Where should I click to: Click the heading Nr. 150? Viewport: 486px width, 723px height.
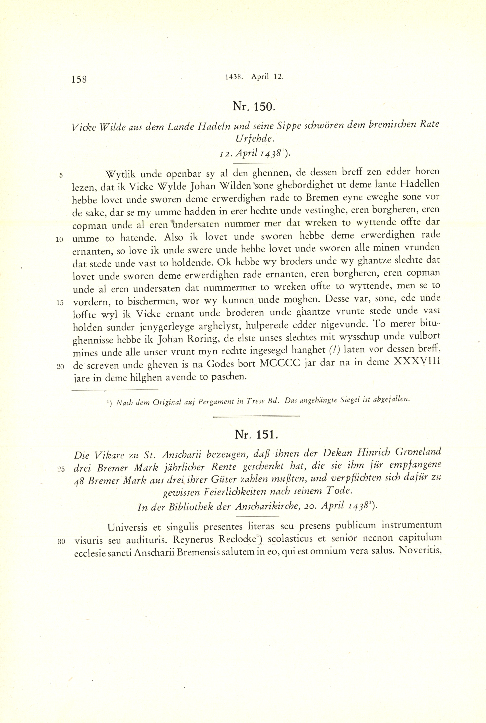click(x=253, y=107)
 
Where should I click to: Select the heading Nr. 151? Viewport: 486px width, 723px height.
click(x=257, y=435)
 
